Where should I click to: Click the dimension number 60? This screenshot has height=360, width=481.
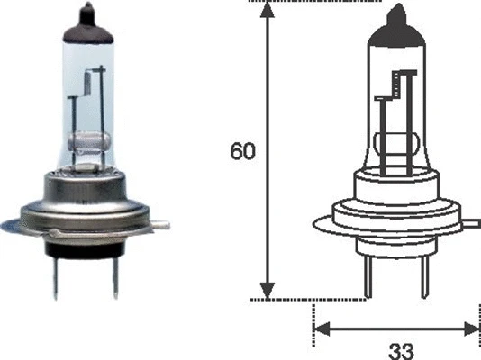pos(243,151)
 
